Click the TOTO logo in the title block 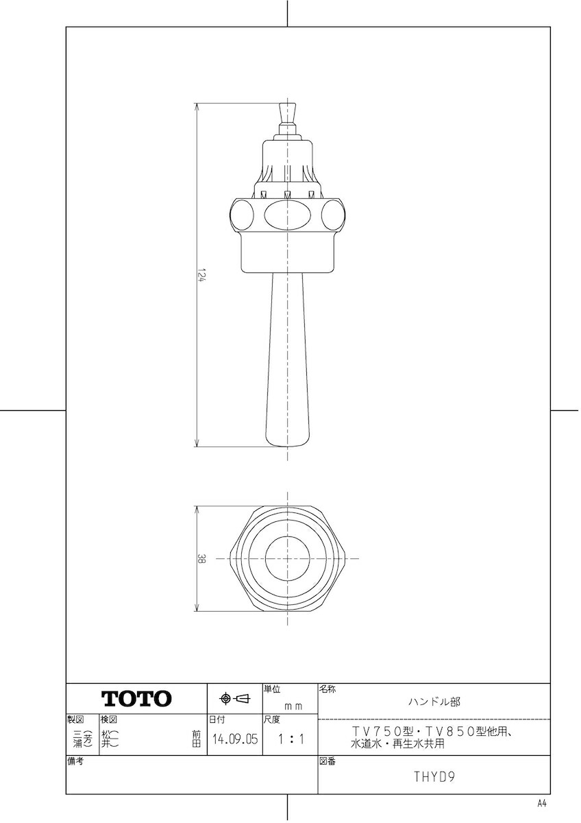136,698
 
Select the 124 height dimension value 200,275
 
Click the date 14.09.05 235,739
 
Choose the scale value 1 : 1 290,739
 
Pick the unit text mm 294,706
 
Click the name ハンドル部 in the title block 434,702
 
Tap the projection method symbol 235,698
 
